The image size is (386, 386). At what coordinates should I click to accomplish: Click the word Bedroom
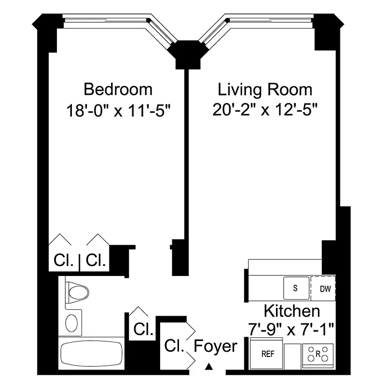(118, 89)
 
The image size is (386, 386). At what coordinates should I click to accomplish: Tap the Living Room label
(265, 89)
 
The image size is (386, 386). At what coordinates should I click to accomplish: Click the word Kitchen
(291, 311)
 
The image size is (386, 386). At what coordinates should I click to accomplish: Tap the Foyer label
(216, 346)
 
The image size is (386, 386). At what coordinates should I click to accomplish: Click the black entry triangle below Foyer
(209, 367)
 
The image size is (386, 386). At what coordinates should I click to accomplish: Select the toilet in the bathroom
(77, 292)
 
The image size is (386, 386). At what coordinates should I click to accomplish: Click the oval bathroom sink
(71, 322)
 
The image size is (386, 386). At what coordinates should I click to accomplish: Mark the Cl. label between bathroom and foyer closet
(143, 330)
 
